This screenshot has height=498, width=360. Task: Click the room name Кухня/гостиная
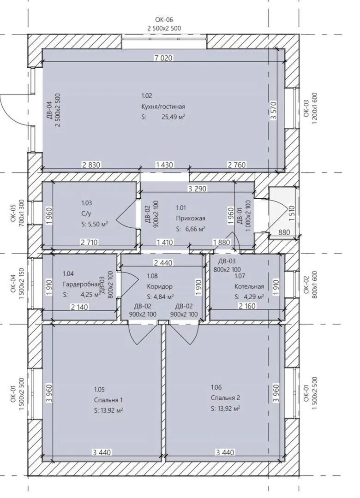point(163,107)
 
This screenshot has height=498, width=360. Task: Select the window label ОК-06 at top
point(164,20)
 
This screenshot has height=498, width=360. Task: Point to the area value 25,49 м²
point(174,117)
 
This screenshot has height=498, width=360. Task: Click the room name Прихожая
point(191,218)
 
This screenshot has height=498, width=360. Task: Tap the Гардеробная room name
point(82,284)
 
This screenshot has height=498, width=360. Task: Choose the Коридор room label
point(160,286)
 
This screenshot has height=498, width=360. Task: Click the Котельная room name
point(249,286)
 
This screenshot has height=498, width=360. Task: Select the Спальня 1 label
point(108,400)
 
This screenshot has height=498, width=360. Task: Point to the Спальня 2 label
point(226,397)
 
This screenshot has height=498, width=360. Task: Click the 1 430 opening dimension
point(164,165)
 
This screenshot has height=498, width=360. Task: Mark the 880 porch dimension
point(284,232)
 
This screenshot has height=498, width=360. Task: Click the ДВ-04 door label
point(49,110)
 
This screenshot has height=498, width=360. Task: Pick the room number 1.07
point(240,276)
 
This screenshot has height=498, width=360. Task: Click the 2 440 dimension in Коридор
point(163,263)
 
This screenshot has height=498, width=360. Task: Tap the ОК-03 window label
point(306,109)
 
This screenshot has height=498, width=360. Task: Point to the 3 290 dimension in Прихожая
point(197,189)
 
